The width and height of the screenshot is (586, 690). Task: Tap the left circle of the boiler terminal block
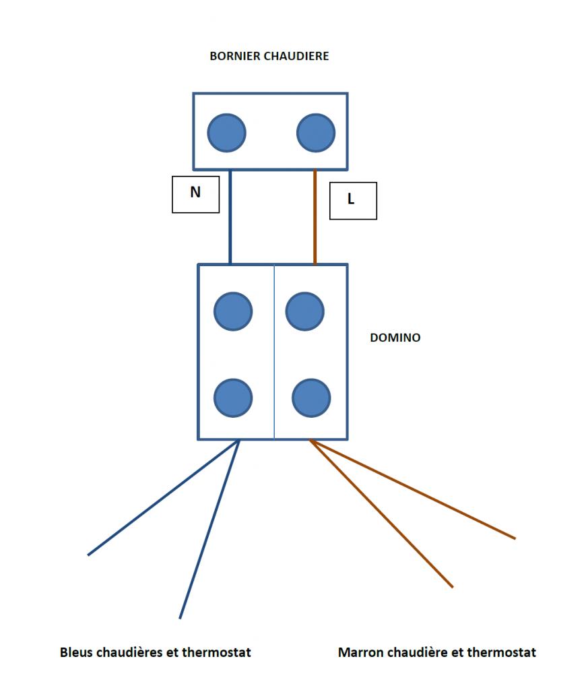coord(226,132)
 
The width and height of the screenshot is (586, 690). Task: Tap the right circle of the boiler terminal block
coord(316,132)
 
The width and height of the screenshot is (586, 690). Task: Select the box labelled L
coord(353,200)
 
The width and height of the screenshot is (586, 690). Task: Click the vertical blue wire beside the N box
coord(230,216)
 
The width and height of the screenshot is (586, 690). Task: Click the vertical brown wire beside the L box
coord(315,216)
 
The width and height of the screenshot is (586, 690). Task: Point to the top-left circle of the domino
coord(233,311)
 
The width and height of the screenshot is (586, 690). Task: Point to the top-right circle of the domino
coord(305,311)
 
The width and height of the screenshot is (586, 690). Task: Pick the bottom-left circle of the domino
coord(233,398)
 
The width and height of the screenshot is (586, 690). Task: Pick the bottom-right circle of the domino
coord(311,398)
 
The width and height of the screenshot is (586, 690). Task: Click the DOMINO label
coord(395,338)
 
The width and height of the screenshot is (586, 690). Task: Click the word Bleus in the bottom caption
coord(77,652)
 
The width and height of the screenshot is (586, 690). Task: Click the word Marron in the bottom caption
coord(360,652)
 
